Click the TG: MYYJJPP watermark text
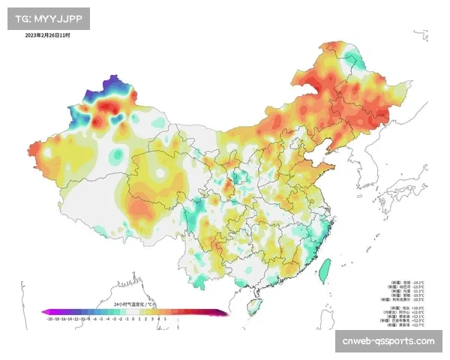click(47, 17)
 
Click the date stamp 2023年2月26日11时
click(47, 35)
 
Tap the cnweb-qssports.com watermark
click(388, 341)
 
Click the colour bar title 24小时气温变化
click(134, 304)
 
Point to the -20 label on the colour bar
click(49, 319)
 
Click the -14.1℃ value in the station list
click(418, 282)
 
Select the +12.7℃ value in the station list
click(418, 325)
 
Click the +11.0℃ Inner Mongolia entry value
click(418, 312)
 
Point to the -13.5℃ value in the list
click(418, 286)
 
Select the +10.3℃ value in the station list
click(418, 307)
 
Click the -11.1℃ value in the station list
click(418, 291)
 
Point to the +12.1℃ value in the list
click(418, 316)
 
